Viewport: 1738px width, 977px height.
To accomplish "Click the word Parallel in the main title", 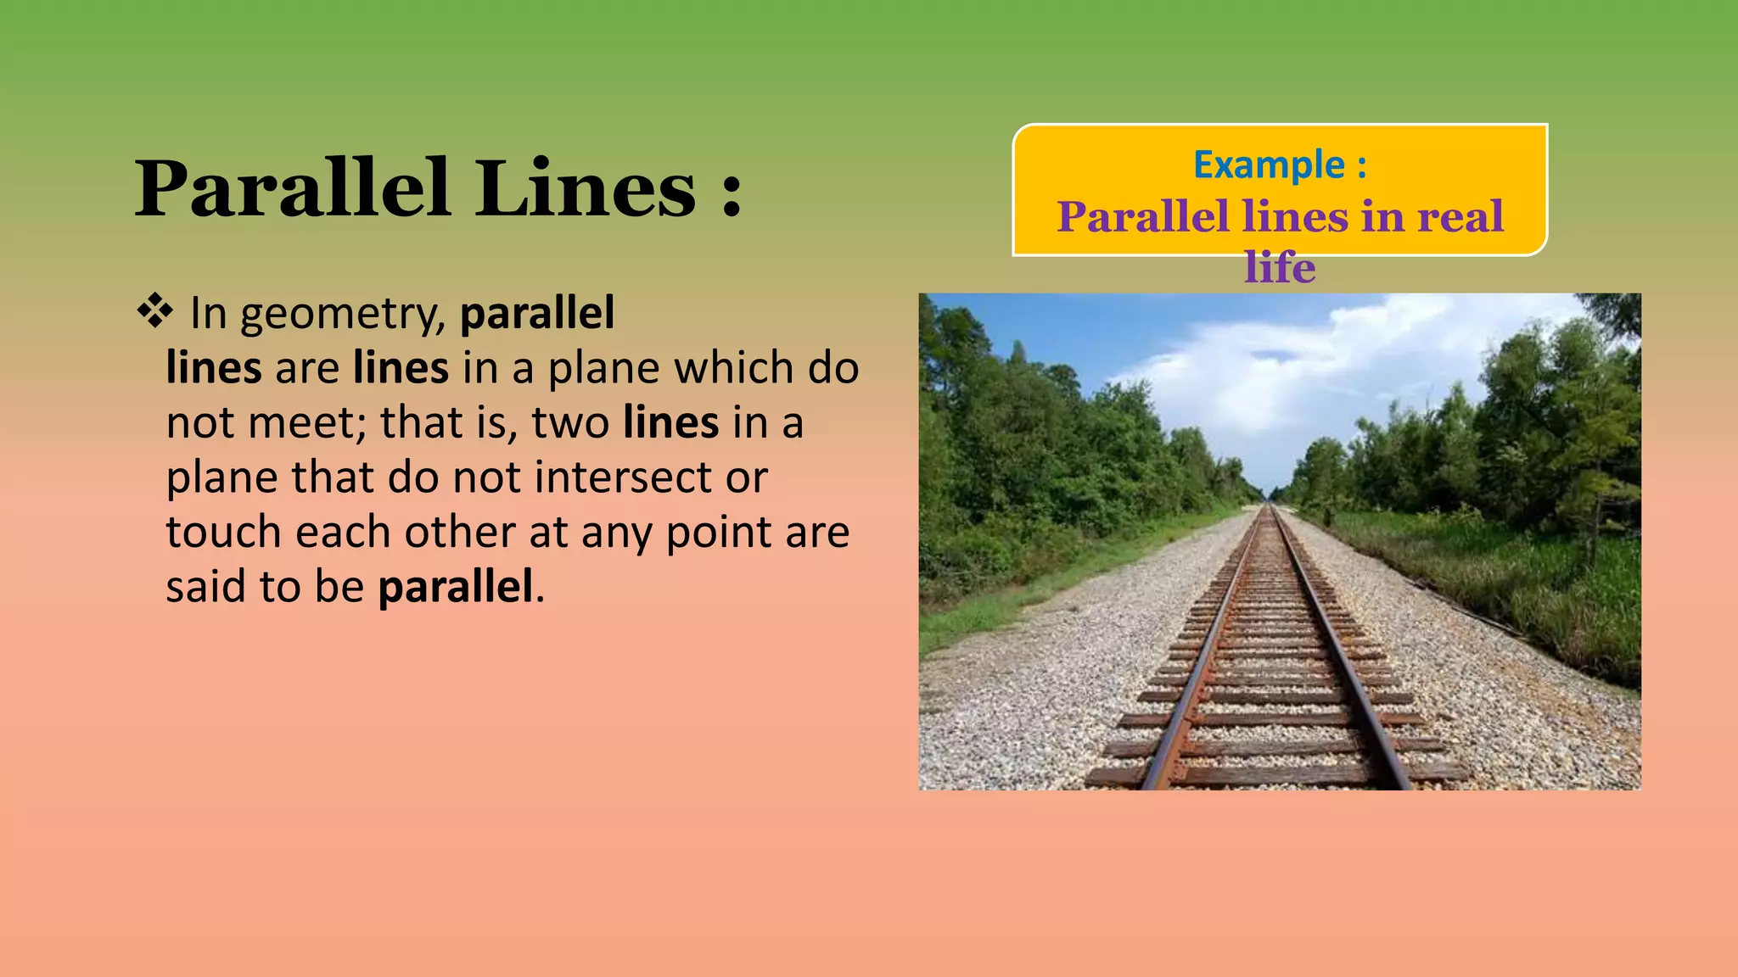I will click(x=292, y=188).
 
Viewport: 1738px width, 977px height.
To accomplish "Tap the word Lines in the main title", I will click(x=586, y=188).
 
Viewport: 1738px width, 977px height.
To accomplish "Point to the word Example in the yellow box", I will click(x=1269, y=165).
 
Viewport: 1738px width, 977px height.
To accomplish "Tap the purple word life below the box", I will click(x=1280, y=268).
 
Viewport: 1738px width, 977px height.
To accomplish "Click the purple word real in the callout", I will click(x=1460, y=217).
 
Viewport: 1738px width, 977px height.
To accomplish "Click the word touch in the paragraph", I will click(x=223, y=533).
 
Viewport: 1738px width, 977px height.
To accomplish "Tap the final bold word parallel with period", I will click(x=458, y=587).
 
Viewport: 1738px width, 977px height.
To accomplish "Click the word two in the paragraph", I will click(x=570, y=423).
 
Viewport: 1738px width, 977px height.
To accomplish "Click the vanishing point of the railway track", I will click(x=1270, y=503).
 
